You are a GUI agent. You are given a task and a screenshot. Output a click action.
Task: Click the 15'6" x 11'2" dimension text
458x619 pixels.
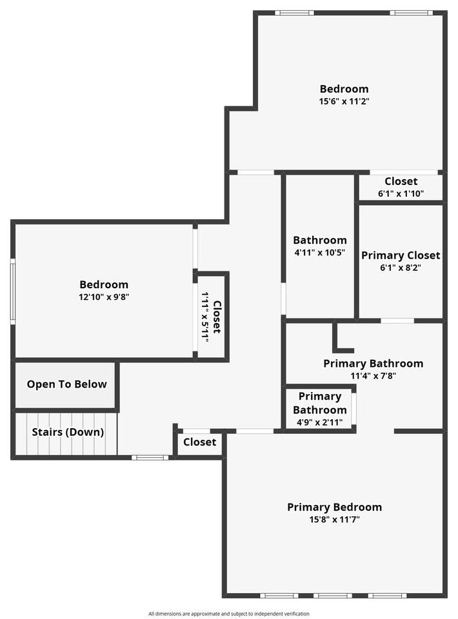[x=344, y=101]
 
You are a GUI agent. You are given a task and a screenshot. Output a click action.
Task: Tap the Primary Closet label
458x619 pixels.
[x=401, y=255]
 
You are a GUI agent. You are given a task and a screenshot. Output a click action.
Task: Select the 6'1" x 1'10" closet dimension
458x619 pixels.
[x=401, y=193]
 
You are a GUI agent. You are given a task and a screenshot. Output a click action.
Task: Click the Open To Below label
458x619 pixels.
[x=66, y=384]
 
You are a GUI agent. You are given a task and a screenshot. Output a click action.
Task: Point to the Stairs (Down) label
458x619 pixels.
[x=68, y=432]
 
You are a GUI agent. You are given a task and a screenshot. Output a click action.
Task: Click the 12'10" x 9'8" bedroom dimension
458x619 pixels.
[x=104, y=297]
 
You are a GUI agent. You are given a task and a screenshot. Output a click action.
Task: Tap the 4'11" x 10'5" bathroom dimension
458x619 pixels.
[x=320, y=252]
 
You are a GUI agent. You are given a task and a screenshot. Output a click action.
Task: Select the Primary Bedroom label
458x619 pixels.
[x=334, y=507]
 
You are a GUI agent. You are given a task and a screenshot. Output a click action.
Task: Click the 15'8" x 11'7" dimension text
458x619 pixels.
[x=334, y=519]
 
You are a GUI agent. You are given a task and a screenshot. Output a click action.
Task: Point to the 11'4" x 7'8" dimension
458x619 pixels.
[x=373, y=375]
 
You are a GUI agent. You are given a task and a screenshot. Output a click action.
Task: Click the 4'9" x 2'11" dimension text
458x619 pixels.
[x=320, y=422]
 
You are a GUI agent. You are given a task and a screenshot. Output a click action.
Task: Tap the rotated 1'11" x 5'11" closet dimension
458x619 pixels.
[x=205, y=317]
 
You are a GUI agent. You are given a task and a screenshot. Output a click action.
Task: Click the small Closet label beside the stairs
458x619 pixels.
[x=199, y=442]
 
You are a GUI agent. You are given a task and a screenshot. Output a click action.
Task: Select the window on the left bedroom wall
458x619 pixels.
[x=13, y=291]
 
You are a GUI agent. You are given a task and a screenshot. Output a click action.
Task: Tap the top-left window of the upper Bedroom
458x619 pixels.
[x=294, y=13]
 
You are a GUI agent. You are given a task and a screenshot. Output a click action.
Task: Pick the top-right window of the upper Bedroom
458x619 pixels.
[x=411, y=13]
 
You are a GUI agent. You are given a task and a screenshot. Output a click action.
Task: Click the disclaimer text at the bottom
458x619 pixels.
[x=229, y=613]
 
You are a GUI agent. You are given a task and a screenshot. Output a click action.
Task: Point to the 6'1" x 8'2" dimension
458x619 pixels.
[x=401, y=268]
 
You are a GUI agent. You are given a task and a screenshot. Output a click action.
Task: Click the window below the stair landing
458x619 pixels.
[x=150, y=458]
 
